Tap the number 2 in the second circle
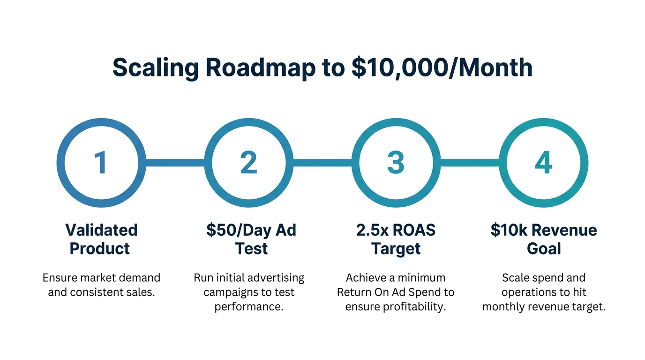tap(248, 163)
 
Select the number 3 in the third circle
tap(396, 163)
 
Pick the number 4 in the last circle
tap(543, 163)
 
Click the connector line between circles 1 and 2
tap(174, 163)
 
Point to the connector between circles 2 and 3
tap(322, 163)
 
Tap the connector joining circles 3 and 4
tap(470, 163)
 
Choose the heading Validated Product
tap(101, 239)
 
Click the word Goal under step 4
tap(544, 248)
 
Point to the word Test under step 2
tap(251, 248)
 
